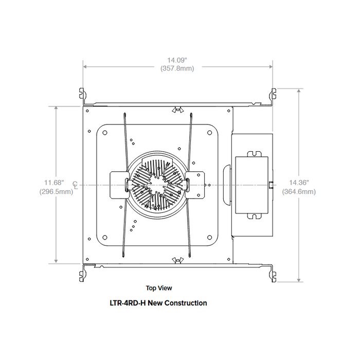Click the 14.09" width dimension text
click(177, 60)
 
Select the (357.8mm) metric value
click(177, 68)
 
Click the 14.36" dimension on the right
click(299, 182)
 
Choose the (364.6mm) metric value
click(299, 191)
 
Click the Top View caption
click(159, 289)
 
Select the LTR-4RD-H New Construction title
click(159, 303)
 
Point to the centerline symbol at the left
click(76, 184)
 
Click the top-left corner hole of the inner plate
click(105, 132)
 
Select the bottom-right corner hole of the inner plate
click(210, 237)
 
